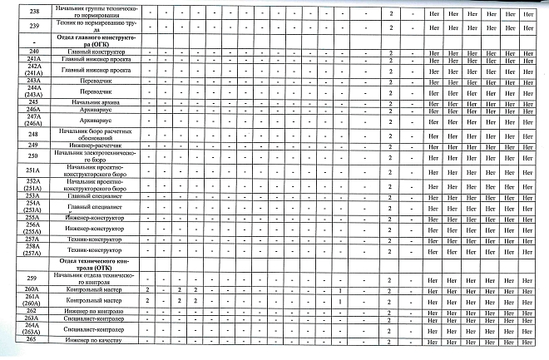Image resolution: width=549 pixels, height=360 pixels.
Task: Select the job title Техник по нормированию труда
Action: [x=91, y=27]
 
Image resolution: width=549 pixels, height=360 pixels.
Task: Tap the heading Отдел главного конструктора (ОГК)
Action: [x=91, y=42]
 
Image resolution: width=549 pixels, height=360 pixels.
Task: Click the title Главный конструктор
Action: [x=91, y=53]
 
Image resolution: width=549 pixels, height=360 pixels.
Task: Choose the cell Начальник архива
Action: [x=91, y=101]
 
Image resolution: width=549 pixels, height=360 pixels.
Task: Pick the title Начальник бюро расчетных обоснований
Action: [x=91, y=134]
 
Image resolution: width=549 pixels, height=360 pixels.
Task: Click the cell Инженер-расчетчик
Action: [x=91, y=145]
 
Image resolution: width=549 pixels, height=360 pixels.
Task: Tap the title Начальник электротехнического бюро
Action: [x=91, y=156]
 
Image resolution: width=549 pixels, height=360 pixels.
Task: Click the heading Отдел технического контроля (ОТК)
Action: [x=91, y=264]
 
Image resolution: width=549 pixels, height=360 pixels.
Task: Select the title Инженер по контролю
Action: [x=91, y=310]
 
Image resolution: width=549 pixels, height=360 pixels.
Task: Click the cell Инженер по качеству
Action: [x=91, y=340]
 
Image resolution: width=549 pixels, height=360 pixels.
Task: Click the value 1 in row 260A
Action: [x=341, y=289]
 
